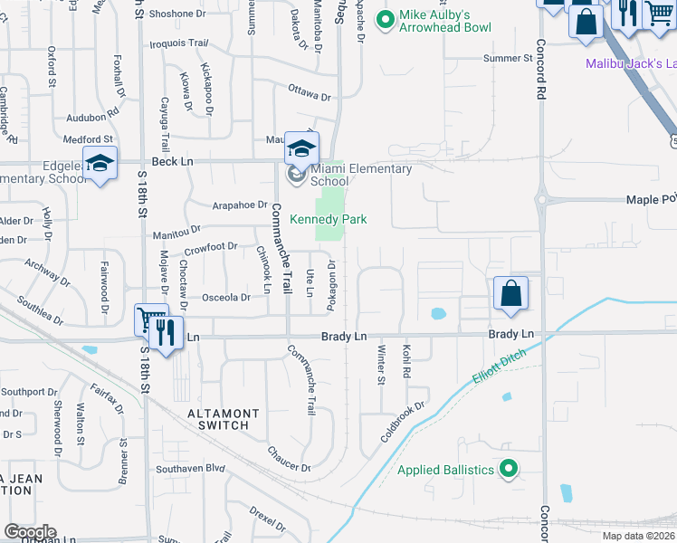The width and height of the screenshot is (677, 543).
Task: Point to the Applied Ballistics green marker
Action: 509,469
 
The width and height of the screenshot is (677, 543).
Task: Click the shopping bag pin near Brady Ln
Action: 510,294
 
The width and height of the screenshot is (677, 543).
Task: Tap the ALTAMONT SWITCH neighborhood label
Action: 224,419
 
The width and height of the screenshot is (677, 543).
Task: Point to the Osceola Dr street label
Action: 225,297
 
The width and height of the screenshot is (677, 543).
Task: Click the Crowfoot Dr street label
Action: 210,246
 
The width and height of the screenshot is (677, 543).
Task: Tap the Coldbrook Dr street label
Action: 404,422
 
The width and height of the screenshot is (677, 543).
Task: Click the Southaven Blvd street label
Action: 189,469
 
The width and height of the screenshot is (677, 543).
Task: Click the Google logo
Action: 30,532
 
